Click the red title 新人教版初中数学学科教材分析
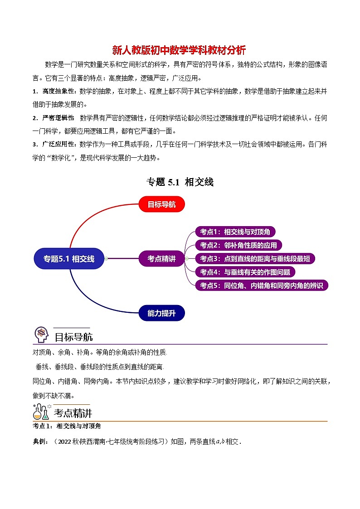[179, 50]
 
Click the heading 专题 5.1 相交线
[180, 182]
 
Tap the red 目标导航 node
[161, 204]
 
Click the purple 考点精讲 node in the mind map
[161, 259]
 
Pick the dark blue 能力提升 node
[161, 313]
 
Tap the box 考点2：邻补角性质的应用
[238, 245]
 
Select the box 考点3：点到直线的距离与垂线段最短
[255, 259]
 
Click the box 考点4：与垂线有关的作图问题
[245, 272]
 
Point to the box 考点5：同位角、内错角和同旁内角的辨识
[261, 286]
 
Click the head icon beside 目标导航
[41, 335]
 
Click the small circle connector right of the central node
[106, 259]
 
